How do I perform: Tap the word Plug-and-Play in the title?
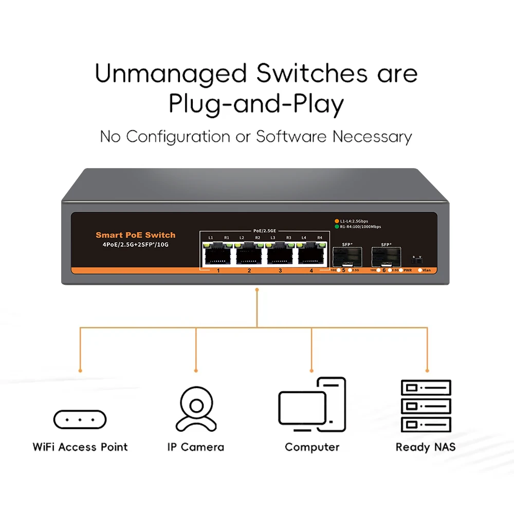pyautogui.click(x=256, y=104)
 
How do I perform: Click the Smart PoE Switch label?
pyautogui.click(x=135, y=235)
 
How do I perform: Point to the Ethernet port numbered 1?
pyautogui.click(x=218, y=253)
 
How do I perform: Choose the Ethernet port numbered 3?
pyautogui.click(x=280, y=253)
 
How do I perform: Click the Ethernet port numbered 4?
pyautogui.click(x=311, y=253)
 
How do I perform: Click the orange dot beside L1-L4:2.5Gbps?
pyautogui.click(x=337, y=221)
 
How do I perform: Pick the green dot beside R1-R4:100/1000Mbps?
pyautogui.click(x=337, y=226)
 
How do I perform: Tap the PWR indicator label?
pyautogui.click(x=408, y=270)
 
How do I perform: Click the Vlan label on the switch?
pyautogui.click(x=426, y=270)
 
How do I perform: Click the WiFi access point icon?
pyautogui.click(x=80, y=419)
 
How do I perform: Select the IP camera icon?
pyautogui.click(x=195, y=409)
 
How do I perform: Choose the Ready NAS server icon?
pyautogui.click(x=425, y=406)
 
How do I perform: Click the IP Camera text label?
pyautogui.click(x=195, y=447)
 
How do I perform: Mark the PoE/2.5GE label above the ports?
pyautogui.click(x=265, y=231)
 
